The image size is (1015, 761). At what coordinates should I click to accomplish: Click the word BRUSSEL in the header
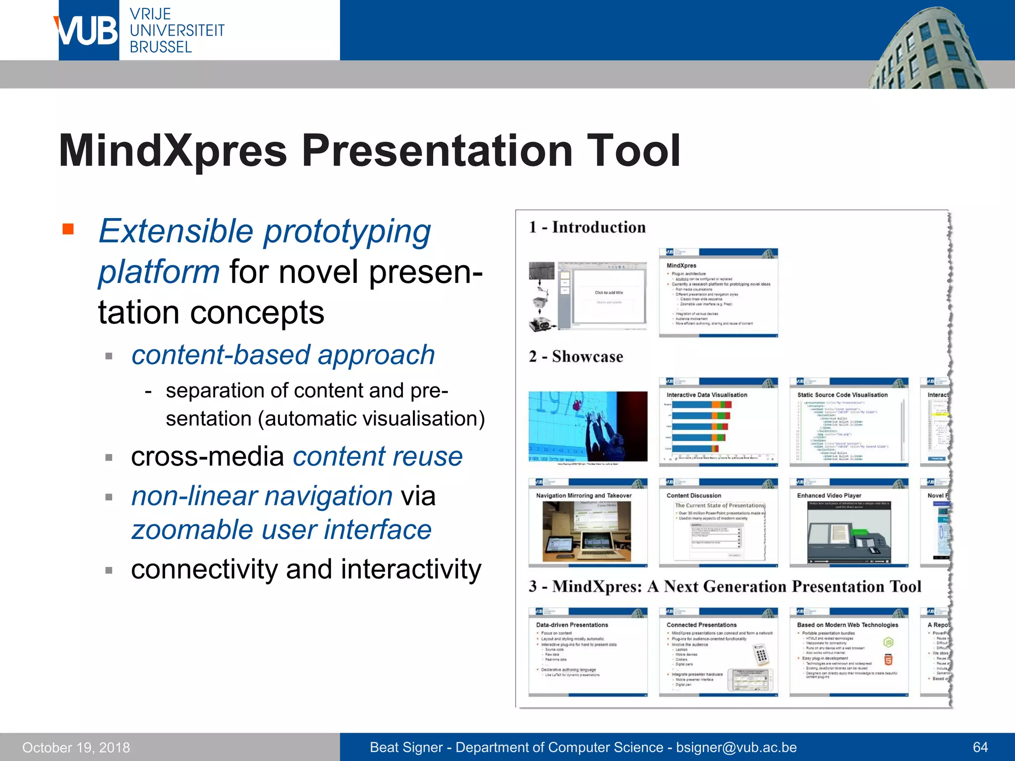pos(161,48)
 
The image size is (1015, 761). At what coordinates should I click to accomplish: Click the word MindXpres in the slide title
pos(172,151)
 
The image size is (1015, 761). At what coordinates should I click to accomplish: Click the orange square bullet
pos(68,229)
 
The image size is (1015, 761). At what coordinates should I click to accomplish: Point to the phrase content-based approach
pos(283,355)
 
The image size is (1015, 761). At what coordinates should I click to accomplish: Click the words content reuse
pos(378,456)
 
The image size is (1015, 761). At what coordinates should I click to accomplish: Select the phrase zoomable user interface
pos(282,530)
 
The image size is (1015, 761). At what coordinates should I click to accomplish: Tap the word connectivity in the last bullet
pos(204,569)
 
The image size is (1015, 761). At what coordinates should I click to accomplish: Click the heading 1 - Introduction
pos(587,227)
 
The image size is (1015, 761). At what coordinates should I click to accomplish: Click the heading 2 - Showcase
pos(576,357)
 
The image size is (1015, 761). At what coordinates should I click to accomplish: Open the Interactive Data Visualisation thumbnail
pos(718,422)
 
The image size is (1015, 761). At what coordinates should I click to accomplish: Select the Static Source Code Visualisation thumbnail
pos(848,422)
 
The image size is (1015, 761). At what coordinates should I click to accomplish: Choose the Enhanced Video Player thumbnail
pos(848,523)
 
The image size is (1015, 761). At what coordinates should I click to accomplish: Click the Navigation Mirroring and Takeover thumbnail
pos(588,523)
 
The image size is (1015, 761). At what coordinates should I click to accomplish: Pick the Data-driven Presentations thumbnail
pos(588,652)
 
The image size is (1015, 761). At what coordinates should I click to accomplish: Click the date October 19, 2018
pos(76,748)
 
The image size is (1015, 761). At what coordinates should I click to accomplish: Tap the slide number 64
pos(980,748)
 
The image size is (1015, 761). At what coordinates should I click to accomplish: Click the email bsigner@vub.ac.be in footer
pos(736,748)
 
